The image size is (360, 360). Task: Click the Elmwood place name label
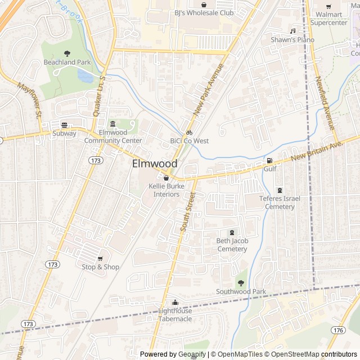pyautogui.click(x=155, y=164)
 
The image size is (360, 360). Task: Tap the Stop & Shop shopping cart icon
pyautogui.click(x=101, y=258)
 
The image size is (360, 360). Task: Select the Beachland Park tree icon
pyautogui.click(x=67, y=53)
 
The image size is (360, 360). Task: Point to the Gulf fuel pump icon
pyautogui.click(x=269, y=160)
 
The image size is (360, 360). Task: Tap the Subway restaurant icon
pyautogui.click(x=64, y=125)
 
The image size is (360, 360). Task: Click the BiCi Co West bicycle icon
pyautogui.click(x=190, y=132)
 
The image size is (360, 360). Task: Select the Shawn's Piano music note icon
pyautogui.click(x=292, y=30)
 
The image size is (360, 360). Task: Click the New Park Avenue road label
pyautogui.click(x=209, y=90)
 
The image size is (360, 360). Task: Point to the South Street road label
pyautogui.click(x=187, y=213)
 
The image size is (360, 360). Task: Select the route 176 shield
pyautogui.click(x=338, y=330)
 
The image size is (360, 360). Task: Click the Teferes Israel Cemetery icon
pyautogui.click(x=280, y=190)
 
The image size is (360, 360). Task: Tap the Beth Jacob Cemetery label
pyautogui.click(x=232, y=245)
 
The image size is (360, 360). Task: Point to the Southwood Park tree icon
pyautogui.click(x=241, y=282)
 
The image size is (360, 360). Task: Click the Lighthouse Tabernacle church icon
pyautogui.click(x=175, y=302)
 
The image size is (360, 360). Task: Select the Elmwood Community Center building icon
pyautogui.click(x=112, y=124)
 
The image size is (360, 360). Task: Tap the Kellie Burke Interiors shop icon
pyautogui.click(x=166, y=178)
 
